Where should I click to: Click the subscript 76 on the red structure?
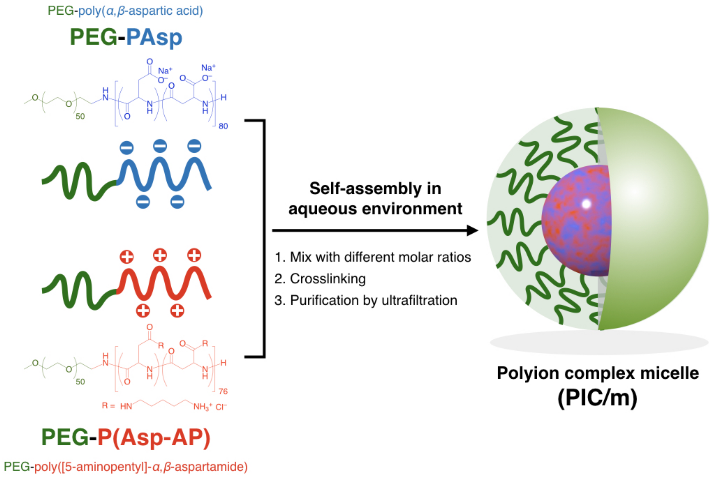coord(223,391)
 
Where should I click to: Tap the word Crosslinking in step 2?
coord(328,279)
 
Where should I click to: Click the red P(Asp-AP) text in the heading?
coord(154,438)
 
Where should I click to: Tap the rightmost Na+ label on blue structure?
coord(208,68)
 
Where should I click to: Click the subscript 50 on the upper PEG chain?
coord(80,116)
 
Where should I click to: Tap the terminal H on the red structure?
coord(223,363)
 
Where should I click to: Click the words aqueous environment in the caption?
coord(375,209)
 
